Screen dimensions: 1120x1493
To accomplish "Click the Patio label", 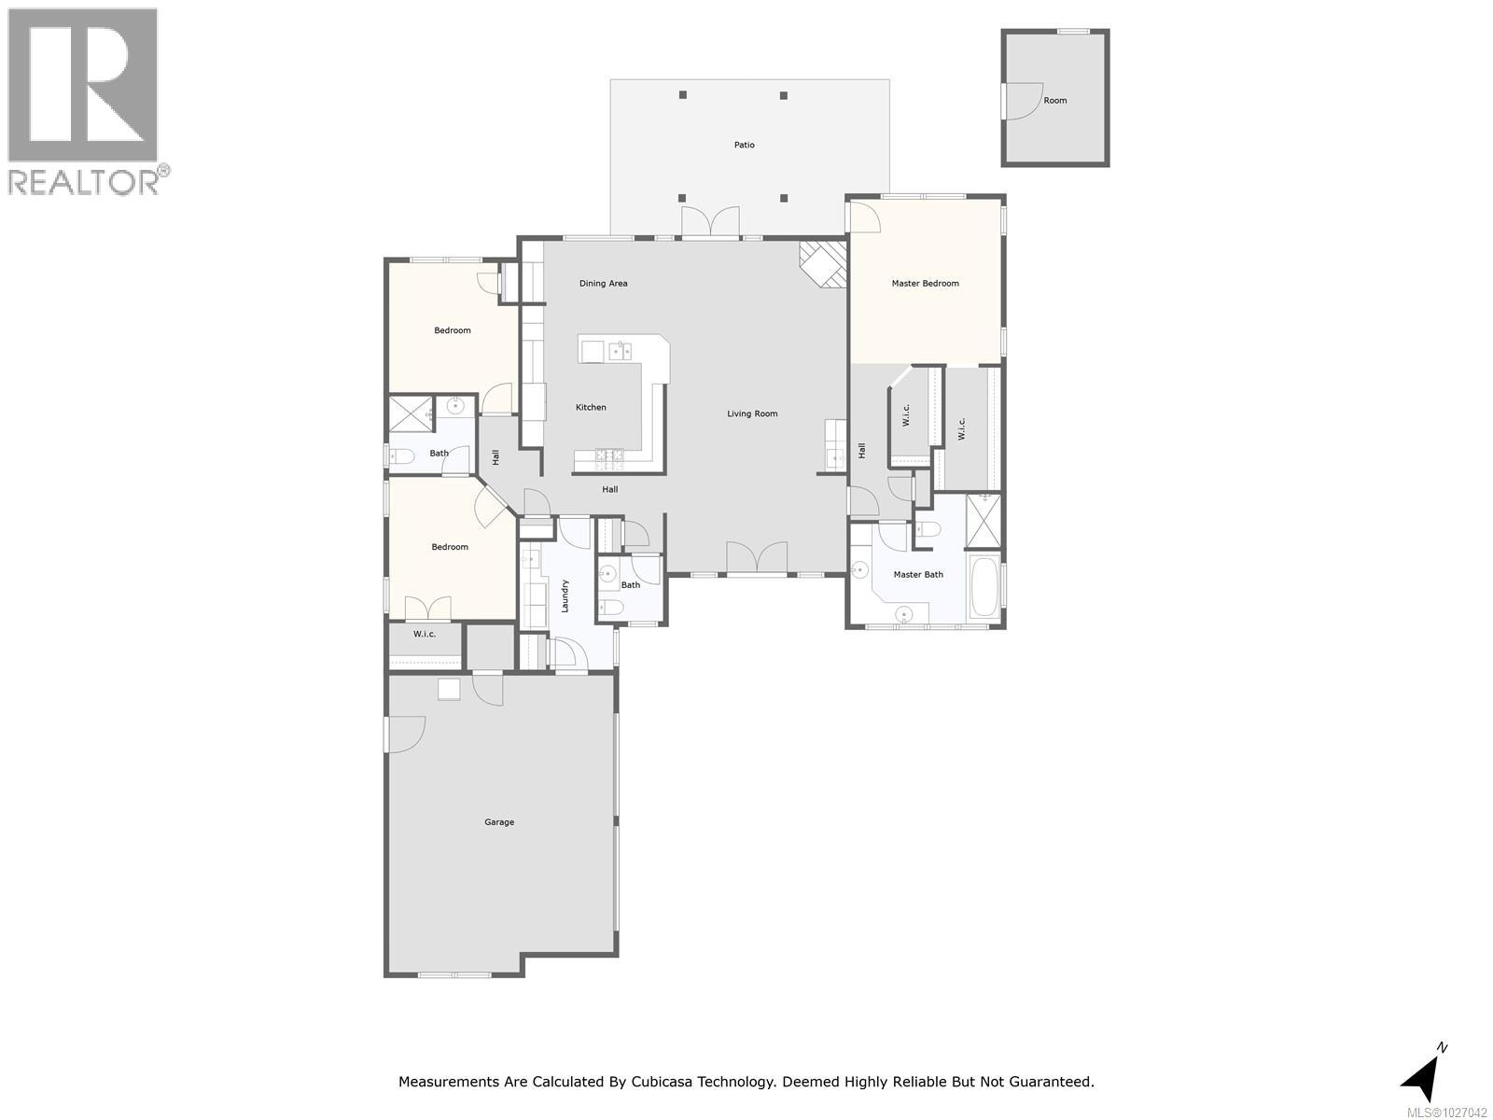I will tap(744, 145).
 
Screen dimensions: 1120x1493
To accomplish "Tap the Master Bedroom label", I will tap(925, 284).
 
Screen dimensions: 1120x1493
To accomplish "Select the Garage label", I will tap(499, 822).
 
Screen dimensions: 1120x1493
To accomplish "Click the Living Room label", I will tap(752, 413).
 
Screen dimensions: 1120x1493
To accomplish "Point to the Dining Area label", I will tap(603, 284).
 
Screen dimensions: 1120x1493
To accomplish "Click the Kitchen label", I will tap(591, 407).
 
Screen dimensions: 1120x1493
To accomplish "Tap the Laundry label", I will tap(565, 595).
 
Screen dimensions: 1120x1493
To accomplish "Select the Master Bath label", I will tap(918, 575).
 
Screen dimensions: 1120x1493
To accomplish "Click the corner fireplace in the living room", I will tap(823, 264).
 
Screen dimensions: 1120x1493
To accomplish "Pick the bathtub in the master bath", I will tap(984, 587).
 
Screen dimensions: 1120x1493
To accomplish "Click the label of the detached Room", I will tap(1055, 101).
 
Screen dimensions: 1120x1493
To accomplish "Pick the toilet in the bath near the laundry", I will tap(610, 608).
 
